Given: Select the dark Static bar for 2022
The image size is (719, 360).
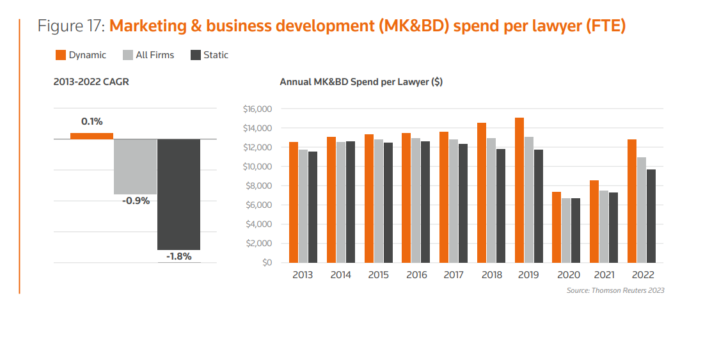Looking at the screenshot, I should coord(651,216).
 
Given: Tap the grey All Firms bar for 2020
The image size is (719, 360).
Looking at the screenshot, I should coord(566,230).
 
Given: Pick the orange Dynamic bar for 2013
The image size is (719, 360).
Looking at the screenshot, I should coord(294,202).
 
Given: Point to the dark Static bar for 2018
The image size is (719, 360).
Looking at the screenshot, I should coord(500,206).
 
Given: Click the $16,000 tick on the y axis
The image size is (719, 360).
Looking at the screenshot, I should coord(258,109).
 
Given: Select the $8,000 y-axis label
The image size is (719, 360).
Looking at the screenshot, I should coord(258,186).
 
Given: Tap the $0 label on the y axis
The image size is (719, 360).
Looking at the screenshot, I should coord(266,263).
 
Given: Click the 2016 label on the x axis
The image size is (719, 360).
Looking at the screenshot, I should coord(416,275).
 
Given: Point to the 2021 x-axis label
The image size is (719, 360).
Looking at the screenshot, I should coord(604,275).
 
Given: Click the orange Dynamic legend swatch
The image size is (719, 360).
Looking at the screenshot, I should coord(61,55).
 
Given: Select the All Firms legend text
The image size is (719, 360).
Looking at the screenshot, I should coord(155,55).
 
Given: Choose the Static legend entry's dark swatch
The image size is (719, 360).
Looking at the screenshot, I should coord(196,55).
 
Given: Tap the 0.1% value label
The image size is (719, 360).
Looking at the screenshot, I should coord(91,121).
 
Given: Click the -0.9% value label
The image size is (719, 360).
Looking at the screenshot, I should coord(136,201).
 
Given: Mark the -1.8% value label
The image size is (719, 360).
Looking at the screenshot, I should coord(179,256).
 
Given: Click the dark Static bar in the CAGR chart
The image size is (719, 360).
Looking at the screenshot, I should coord(179,194).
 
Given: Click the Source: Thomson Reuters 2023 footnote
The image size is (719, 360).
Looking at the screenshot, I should coord(615,290).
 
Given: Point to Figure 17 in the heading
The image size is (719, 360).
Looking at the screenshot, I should coord(71,27).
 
